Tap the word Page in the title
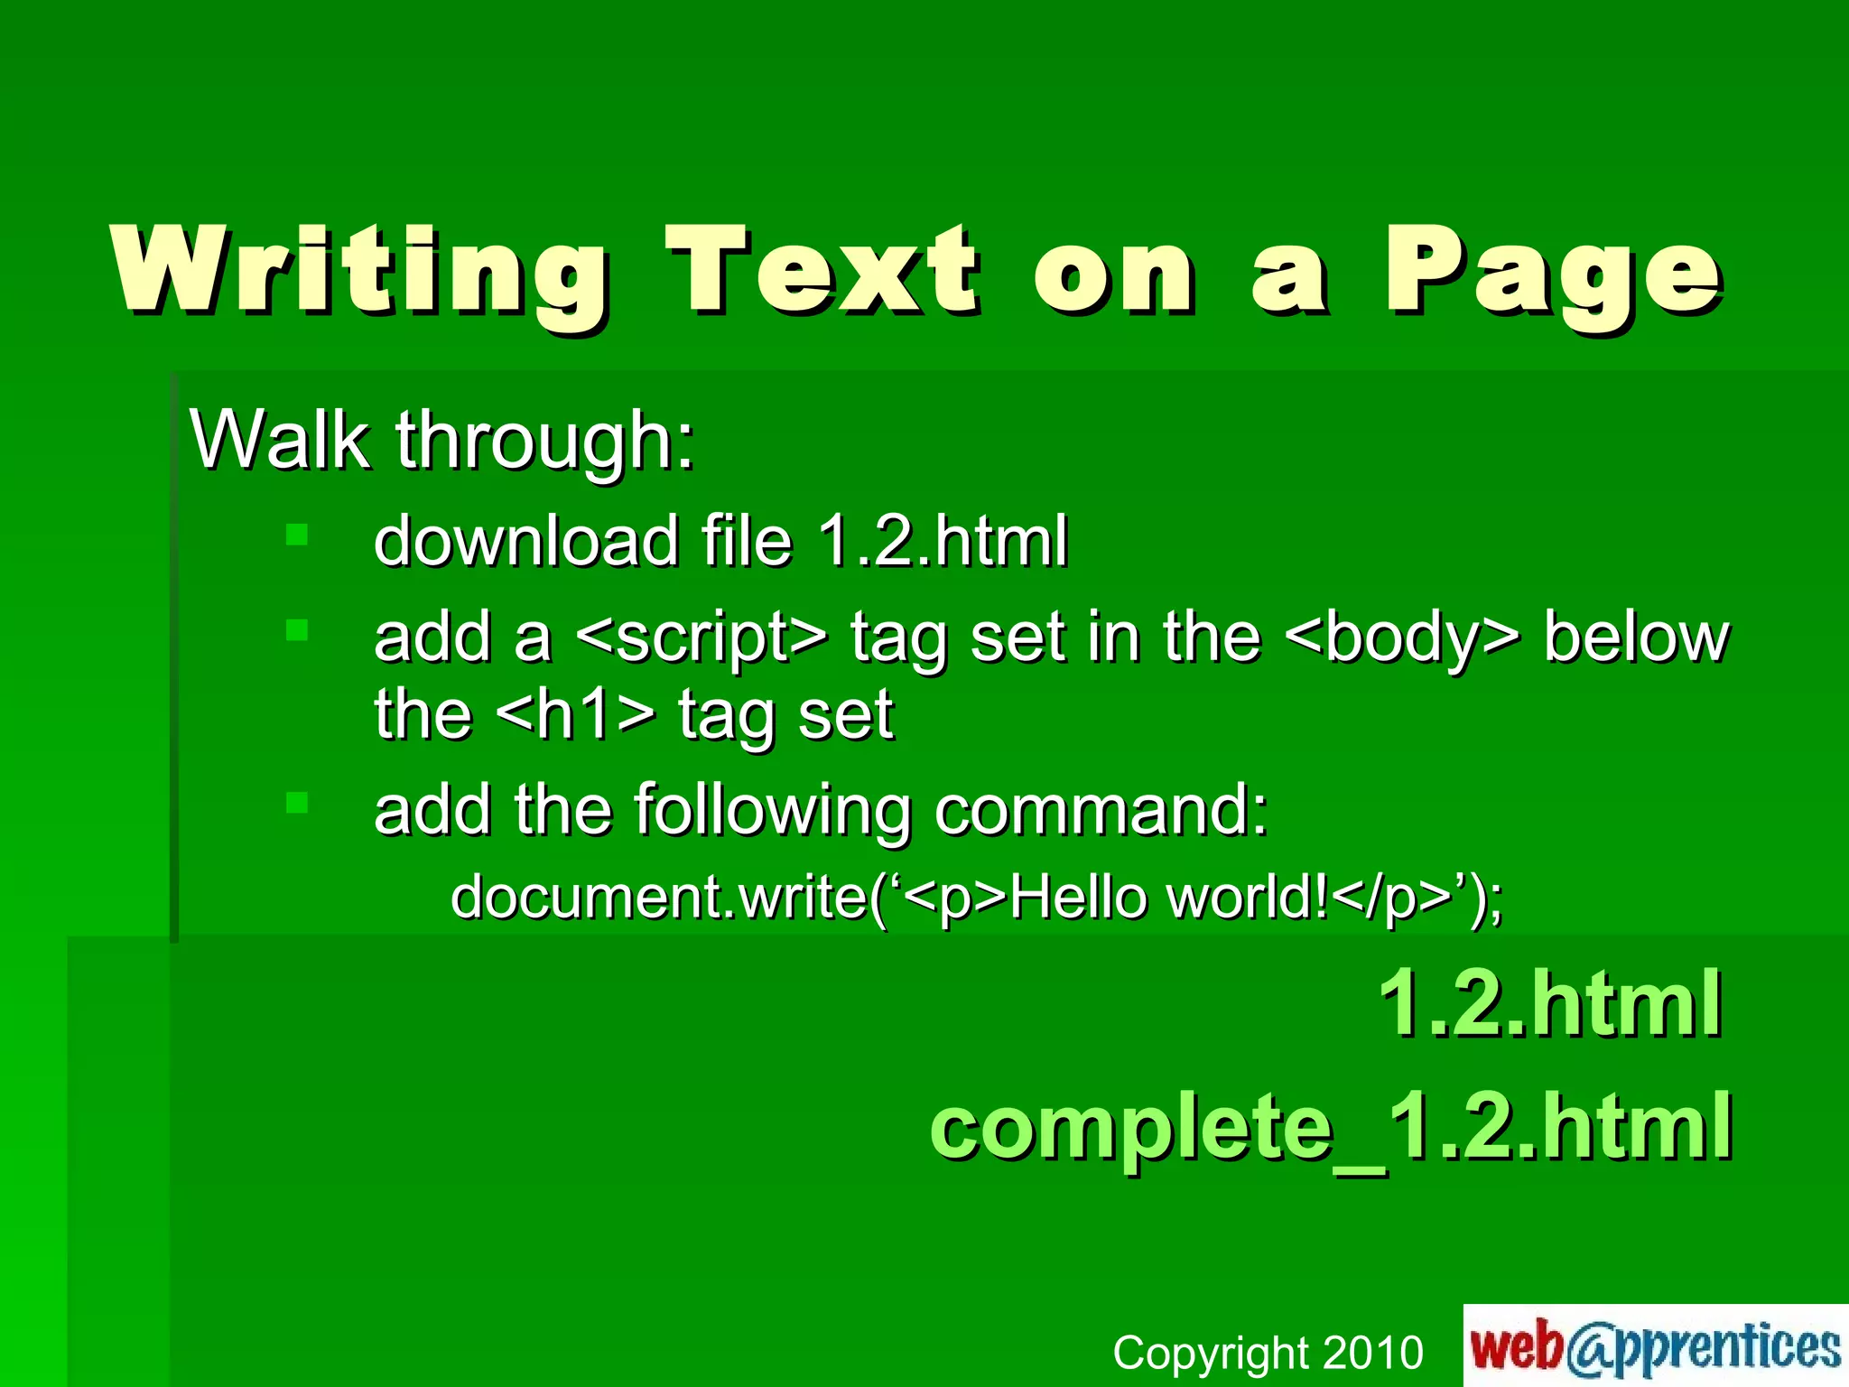tap(1553, 271)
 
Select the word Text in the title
tap(822, 271)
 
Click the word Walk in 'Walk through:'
tap(280, 440)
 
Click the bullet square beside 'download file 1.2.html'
tap(297, 535)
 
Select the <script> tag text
tap(700, 637)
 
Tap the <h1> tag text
tap(576, 714)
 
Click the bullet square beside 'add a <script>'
tap(297, 629)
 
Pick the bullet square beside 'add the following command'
tap(297, 802)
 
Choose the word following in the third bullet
tap(772, 810)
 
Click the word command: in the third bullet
tap(1101, 810)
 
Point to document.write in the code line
tap(659, 898)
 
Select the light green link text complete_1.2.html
tap(1331, 1126)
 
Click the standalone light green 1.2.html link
tap(1549, 1003)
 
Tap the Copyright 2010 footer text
tap(1268, 1353)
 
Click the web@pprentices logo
tap(1655, 1346)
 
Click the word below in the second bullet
tap(1636, 637)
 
